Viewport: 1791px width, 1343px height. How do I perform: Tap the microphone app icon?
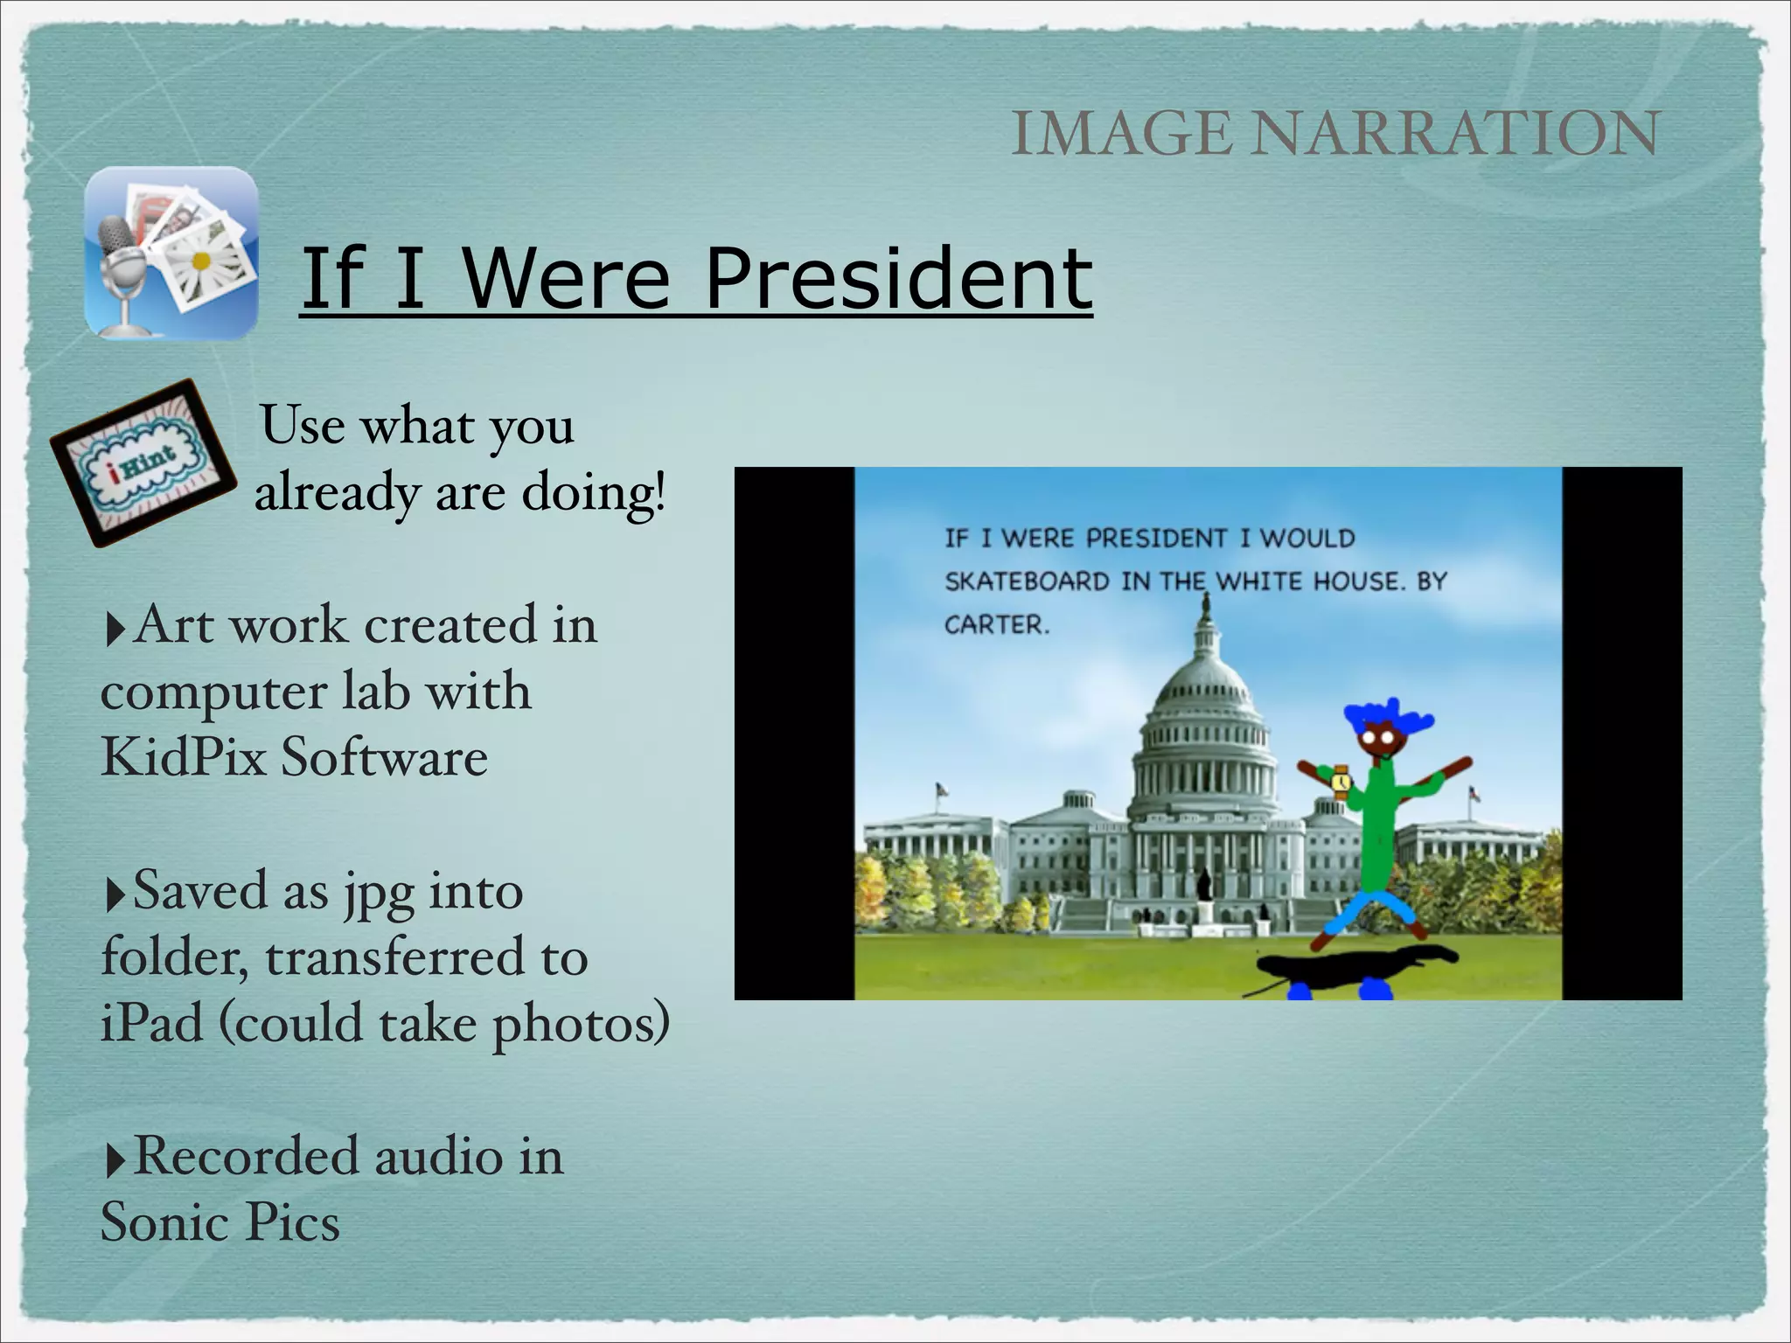click(x=171, y=253)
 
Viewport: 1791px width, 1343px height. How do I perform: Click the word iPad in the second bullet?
click(x=151, y=1023)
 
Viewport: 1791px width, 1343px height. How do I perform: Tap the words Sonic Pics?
click(x=220, y=1222)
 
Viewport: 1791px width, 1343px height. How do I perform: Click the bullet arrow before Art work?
click(x=114, y=630)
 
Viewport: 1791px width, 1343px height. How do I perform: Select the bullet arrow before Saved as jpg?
click(x=114, y=895)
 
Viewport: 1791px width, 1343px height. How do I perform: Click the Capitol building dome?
click(x=1204, y=699)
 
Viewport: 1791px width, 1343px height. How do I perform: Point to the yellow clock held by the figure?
click(x=1340, y=781)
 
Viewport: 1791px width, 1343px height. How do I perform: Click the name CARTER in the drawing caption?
click(x=996, y=625)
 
